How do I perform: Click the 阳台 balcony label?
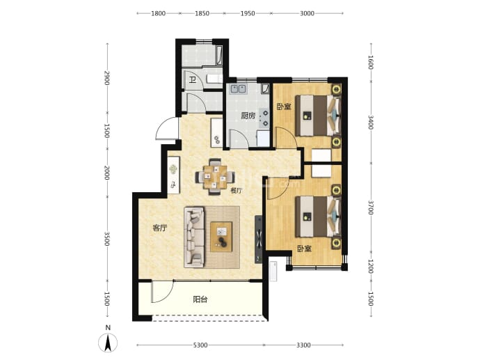200,299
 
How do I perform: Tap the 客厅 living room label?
160,228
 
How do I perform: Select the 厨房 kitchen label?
248,116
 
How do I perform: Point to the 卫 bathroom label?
193,80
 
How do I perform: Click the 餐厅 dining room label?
237,191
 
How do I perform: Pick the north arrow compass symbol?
108,342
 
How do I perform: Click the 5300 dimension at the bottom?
200,345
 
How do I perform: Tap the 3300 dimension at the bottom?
303,345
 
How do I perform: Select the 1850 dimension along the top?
202,13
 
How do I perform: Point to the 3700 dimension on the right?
371,208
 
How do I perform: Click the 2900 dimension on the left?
107,78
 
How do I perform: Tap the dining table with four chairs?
215,177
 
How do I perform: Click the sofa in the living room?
194,237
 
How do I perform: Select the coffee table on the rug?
221,237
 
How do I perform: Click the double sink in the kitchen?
239,89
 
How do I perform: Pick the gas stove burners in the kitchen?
264,118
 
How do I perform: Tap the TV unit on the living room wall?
259,240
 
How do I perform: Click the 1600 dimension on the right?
371,62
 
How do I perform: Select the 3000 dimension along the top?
307,13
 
